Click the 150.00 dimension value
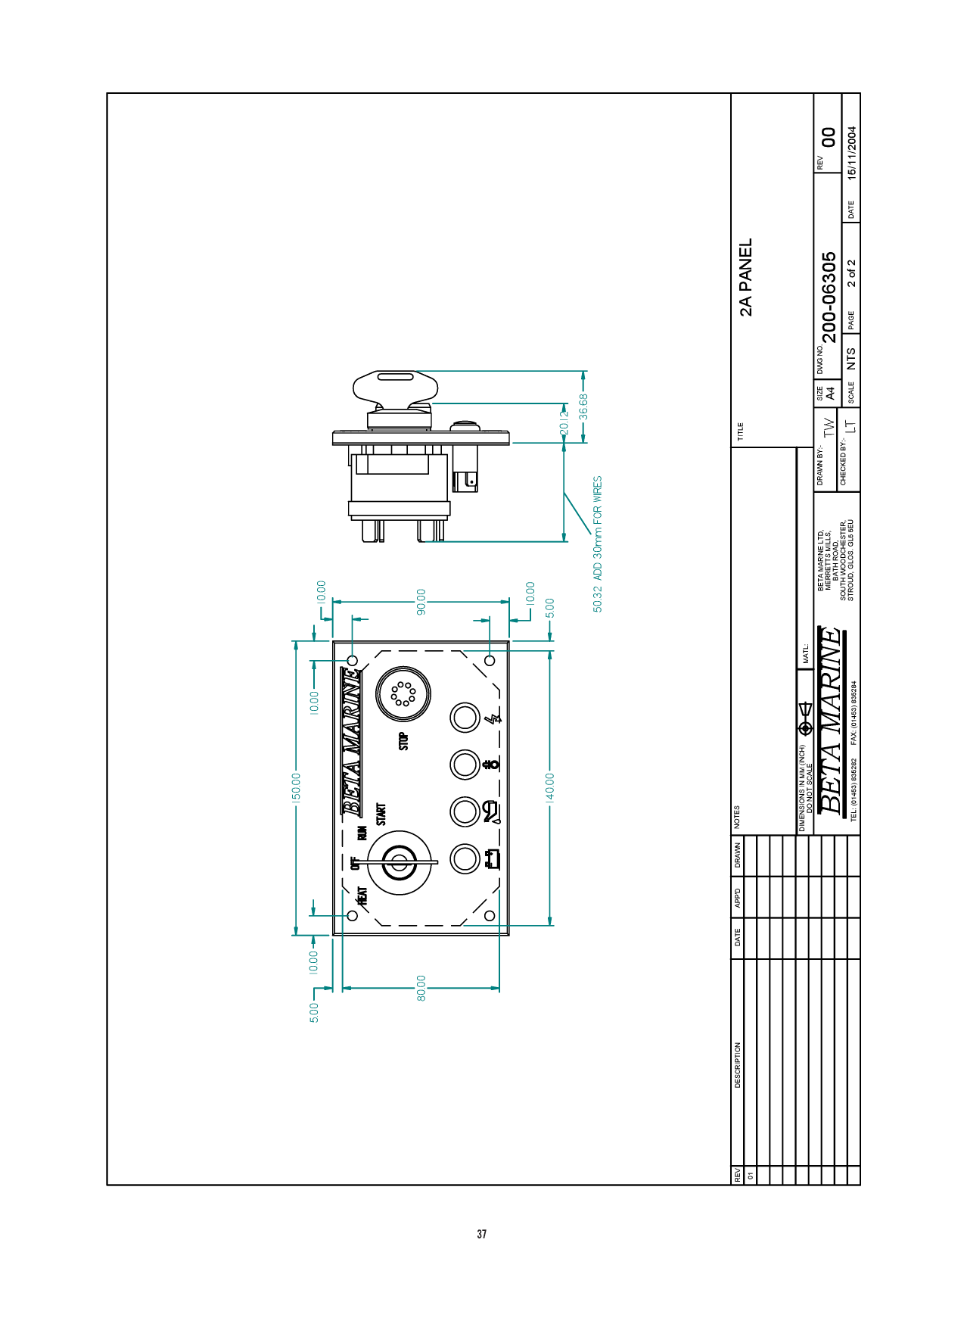(297, 787)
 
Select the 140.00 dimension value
(550, 787)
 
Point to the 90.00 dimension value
(421, 602)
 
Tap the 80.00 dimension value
(421, 988)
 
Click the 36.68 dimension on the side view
(583, 406)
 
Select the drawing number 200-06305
(829, 297)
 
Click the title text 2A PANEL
(746, 277)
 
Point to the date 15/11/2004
(852, 152)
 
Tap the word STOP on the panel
(403, 741)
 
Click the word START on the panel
(381, 815)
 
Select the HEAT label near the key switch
(362, 896)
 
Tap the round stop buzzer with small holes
(403, 693)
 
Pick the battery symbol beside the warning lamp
(493, 859)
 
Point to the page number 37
(482, 1234)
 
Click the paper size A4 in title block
(830, 394)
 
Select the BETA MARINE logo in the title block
(830, 720)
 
